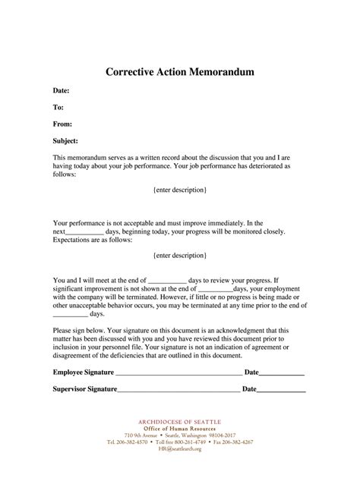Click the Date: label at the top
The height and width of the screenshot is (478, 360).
(62, 90)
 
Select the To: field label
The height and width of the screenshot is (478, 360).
(58, 107)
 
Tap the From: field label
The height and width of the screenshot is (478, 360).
(62, 124)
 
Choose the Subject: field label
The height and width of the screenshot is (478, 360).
(66, 141)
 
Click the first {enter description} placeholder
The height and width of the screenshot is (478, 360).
(179, 188)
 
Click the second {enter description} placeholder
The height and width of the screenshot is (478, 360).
(179, 256)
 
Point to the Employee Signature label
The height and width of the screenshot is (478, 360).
(83, 373)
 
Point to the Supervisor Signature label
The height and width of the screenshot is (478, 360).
(84, 389)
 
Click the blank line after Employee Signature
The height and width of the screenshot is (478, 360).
(178, 373)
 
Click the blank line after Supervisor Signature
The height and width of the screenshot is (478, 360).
(178, 390)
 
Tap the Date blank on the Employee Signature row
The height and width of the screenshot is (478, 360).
(283, 373)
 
